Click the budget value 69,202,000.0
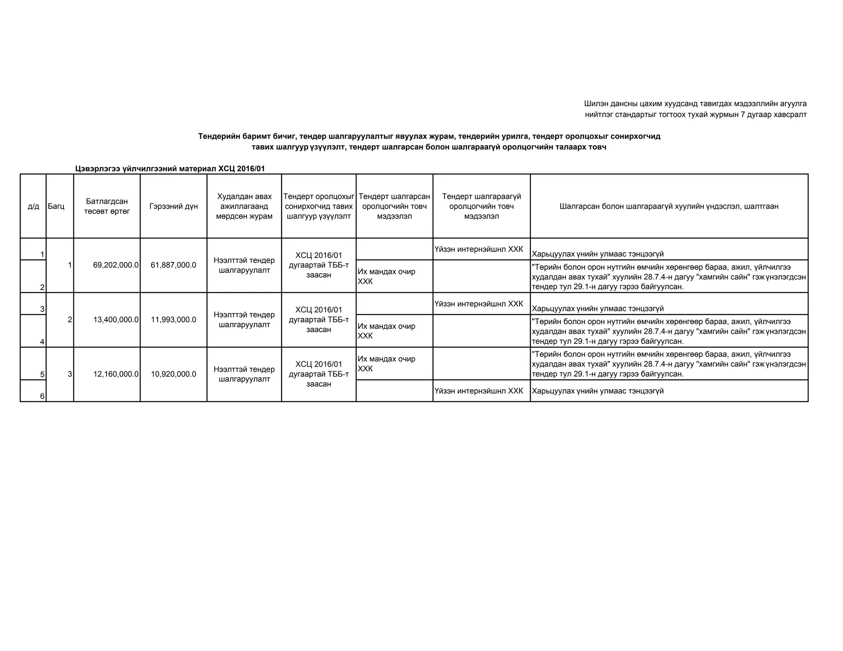tap(116, 265)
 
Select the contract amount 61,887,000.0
tap(173, 265)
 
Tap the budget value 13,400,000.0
tap(116, 320)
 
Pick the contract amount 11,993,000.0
tap(173, 320)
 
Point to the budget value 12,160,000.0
tap(116, 374)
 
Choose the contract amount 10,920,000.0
tap(173, 374)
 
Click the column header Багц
tap(56, 206)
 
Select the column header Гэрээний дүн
tap(173, 206)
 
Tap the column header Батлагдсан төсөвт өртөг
tap(107, 206)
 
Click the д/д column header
tap(33, 206)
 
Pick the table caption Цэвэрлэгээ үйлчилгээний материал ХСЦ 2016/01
tap(170, 169)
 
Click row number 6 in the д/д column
tap(42, 396)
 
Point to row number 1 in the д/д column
tap(42, 255)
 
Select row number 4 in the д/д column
tap(42, 342)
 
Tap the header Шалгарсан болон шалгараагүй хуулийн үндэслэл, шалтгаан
tap(669, 206)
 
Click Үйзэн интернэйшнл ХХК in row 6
tap(479, 391)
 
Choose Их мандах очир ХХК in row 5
tap(386, 363)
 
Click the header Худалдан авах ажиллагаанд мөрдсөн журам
tap(244, 206)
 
